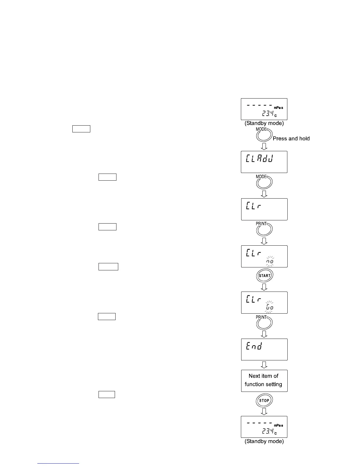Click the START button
264,276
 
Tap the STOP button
264,400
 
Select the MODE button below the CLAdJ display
264,183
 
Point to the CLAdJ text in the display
260,159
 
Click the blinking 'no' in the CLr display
270,261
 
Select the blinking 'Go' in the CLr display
270,307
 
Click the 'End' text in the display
254,346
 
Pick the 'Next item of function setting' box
264,380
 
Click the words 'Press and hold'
291,139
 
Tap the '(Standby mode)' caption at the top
264,124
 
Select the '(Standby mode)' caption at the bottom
264,442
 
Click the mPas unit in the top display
278,108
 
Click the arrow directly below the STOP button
264,411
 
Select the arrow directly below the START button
264,287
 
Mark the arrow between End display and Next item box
264,365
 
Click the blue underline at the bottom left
58,464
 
